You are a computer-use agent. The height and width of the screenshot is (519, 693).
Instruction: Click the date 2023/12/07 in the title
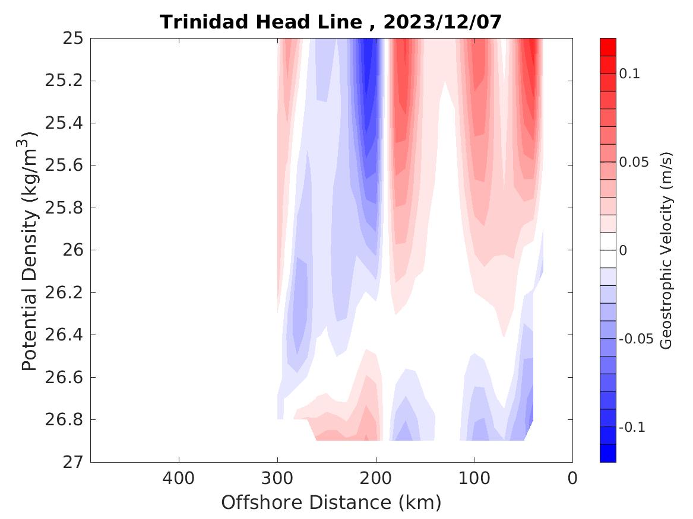coord(442,22)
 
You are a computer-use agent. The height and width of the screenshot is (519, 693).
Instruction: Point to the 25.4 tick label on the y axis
coord(64,123)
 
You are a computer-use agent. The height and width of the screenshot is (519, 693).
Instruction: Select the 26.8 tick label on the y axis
coord(64,419)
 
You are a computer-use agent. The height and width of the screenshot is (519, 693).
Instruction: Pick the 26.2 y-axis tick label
coord(64,292)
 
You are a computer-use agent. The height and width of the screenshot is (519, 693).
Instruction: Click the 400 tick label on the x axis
coord(178,478)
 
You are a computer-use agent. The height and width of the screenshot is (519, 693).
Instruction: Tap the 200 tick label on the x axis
coord(375,478)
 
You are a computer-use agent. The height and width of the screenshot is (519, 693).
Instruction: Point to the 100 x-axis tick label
coord(474,478)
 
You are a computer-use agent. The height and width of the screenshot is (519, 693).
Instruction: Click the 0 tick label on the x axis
coord(572,478)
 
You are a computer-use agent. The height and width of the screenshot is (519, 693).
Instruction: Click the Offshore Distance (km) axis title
coord(331,503)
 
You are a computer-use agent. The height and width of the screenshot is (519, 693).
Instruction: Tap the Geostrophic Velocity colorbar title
coord(666,250)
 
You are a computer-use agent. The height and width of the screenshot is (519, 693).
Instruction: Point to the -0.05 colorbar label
coord(636,339)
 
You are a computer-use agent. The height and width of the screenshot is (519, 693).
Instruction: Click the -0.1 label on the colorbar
coord(632,428)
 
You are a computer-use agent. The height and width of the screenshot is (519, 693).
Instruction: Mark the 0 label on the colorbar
coord(623,251)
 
